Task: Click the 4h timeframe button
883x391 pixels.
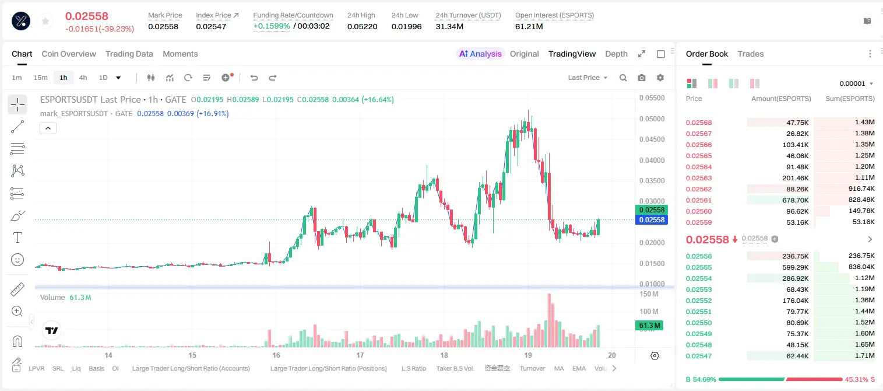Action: coord(83,78)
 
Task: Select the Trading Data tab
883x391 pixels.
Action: coord(129,54)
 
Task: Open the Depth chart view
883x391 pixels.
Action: coord(616,54)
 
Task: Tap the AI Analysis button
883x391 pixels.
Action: coord(480,54)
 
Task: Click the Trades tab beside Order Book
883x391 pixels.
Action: coord(751,54)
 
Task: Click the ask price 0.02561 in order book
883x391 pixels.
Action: coord(698,200)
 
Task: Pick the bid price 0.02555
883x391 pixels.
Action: coord(698,267)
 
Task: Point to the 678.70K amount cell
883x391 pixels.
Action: coord(796,200)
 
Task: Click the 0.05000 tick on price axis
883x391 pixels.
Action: coord(652,119)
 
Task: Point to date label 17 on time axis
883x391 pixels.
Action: coord(360,355)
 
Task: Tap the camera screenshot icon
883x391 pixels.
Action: coord(642,78)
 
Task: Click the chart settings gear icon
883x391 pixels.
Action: coord(660,78)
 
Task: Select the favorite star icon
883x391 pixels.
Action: coord(45,21)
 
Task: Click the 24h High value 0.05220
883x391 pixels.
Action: coord(363,26)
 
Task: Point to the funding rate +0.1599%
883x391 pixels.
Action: coord(272,26)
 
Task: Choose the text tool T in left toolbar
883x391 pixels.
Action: coord(17,238)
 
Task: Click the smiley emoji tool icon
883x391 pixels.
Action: coord(17,260)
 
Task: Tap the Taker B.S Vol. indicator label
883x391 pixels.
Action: coord(455,368)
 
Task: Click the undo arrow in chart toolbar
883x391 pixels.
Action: coord(254,78)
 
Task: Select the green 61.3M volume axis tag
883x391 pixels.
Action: coord(649,326)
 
